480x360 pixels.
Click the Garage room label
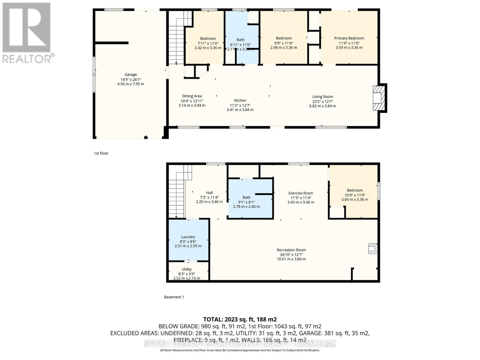click(130, 74)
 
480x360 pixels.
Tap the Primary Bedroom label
click(349, 38)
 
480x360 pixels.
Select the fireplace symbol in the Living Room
click(377, 98)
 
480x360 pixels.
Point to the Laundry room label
click(188, 237)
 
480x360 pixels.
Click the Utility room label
click(187, 269)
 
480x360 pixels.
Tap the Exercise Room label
click(301, 193)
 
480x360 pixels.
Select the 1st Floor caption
click(101, 153)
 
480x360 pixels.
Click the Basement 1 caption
click(174, 297)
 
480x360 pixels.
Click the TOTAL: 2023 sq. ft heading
click(240, 319)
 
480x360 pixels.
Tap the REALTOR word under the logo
click(27, 59)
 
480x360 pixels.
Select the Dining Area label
click(192, 96)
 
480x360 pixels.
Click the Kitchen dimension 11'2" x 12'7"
click(240, 105)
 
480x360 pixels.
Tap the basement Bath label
click(246, 197)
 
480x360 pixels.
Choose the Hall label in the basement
click(209, 193)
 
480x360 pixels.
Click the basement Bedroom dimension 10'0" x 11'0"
click(355, 195)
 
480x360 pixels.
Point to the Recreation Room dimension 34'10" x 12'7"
click(291, 254)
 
